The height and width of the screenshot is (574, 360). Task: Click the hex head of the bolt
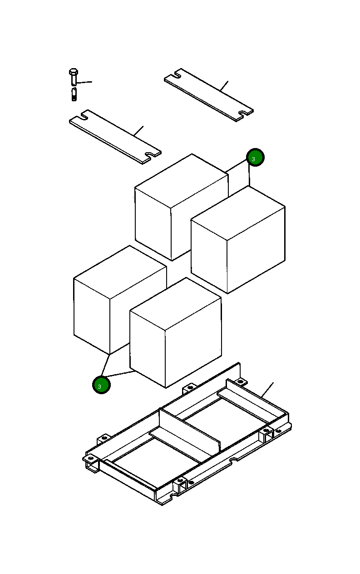pyautogui.click(x=73, y=72)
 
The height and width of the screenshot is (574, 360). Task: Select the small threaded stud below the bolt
pyautogui.click(x=74, y=95)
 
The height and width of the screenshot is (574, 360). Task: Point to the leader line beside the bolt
pyautogui.click(x=85, y=82)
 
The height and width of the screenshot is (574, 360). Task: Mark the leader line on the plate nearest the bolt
pyautogui.click(x=139, y=130)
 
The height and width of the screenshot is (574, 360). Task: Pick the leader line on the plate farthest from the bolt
pyautogui.click(x=224, y=86)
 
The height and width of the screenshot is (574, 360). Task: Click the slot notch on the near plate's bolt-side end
pyautogui.click(x=84, y=116)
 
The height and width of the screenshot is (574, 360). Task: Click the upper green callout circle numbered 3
pyautogui.click(x=255, y=158)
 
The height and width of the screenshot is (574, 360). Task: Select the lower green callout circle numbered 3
pyautogui.click(x=101, y=385)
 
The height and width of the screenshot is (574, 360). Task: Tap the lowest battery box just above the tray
pyautogui.click(x=177, y=334)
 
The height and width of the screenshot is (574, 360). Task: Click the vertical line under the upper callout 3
pyautogui.click(x=249, y=176)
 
